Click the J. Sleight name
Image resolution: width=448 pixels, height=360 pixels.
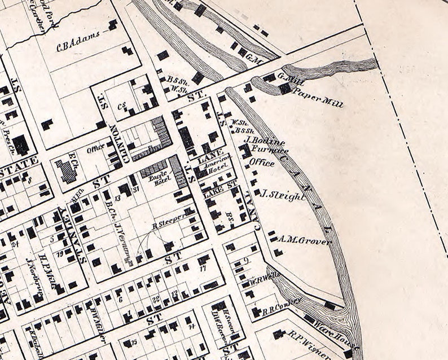point(283,195)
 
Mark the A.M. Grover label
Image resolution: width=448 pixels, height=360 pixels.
point(304,240)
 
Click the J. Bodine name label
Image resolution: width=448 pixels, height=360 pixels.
point(265,141)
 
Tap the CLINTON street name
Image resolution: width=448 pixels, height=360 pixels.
point(120,144)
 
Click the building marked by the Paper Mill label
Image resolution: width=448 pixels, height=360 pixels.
point(285,89)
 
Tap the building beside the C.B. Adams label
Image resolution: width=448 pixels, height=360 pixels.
point(113,24)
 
